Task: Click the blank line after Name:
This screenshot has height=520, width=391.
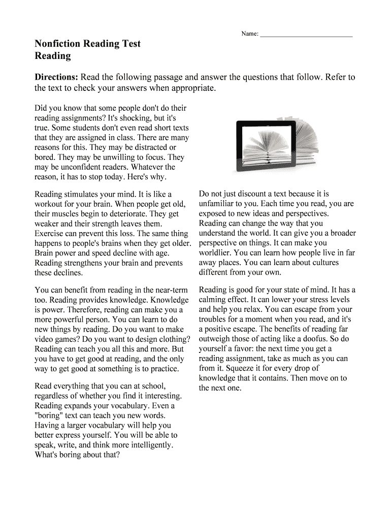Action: [x=306, y=35]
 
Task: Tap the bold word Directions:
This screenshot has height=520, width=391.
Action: [x=56, y=77]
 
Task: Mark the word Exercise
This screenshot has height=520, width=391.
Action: [x=49, y=233]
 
